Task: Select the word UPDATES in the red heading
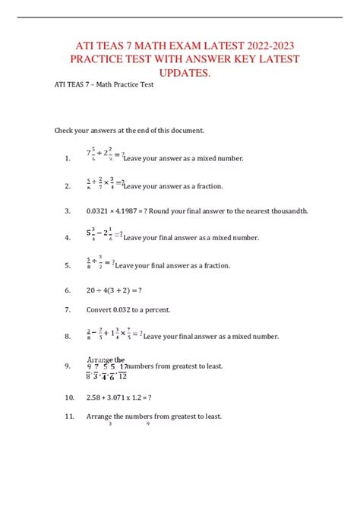[180, 72]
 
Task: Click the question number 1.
[68, 159]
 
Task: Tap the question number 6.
[68, 290]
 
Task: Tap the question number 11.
[69, 416]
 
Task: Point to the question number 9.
[68, 366]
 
